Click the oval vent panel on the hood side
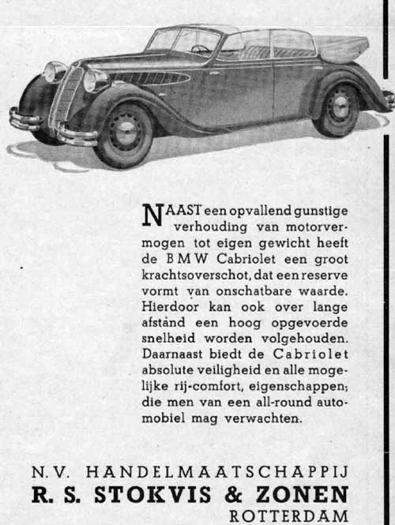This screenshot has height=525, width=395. click(x=150, y=79)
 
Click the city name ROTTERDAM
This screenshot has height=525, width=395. click(x=288, y=516)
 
